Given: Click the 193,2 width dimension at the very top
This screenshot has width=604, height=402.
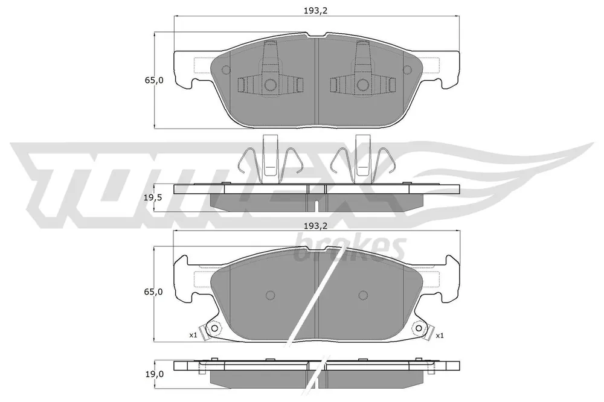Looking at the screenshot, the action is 315,11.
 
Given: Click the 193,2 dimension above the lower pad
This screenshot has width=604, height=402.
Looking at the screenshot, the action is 315,226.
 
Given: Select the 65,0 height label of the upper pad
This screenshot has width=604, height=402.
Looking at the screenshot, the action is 153,80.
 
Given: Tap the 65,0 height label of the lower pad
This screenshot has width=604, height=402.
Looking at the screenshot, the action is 153,292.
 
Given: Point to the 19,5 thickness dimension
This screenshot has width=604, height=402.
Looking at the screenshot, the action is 153,198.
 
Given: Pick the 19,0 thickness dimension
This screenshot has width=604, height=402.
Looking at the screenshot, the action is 153,374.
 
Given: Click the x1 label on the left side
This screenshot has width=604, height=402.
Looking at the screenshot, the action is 193,335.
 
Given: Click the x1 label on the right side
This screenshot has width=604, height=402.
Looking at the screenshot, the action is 440,336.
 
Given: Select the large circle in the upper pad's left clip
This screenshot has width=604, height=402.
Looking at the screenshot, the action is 270,85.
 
